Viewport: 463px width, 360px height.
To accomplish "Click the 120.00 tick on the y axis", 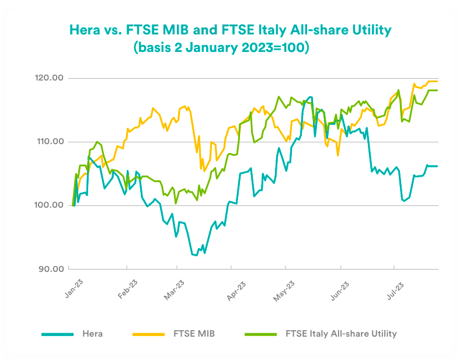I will pos(49,78).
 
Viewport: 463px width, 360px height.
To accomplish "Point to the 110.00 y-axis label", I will pos(49,142).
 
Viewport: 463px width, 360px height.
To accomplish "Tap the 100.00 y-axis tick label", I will pos(49,205).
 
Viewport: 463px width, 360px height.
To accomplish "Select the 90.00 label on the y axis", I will pos(51,269).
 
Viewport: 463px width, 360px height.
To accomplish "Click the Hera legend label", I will pos(92,334).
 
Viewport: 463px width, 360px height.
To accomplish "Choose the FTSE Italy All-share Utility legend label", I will pos(341,334).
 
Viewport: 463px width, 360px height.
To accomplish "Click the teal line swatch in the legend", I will pos(57,334).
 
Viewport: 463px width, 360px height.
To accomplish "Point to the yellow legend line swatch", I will pos(149,334).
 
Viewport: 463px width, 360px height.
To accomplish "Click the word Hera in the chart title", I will pos(85,29).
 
